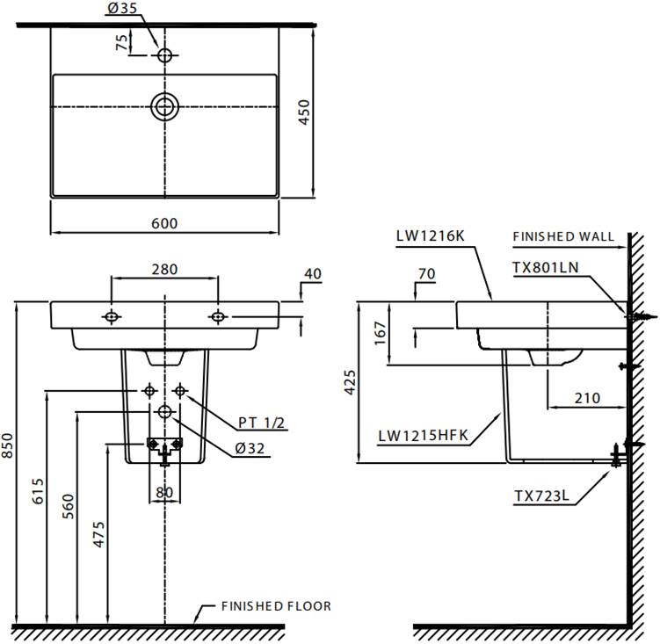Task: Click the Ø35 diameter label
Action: tap(121, 8)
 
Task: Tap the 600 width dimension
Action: tap(164, 223)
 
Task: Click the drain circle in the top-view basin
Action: tap(164, 106)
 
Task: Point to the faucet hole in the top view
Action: tap(164, 55)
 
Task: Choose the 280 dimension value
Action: tap(164, 270)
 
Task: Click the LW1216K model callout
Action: tap(430, 235)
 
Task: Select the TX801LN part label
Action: tap(546, 268)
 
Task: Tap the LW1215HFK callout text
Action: tap(423, 435)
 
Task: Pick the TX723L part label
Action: tap(541, 496)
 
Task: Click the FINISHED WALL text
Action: tap(563, 236)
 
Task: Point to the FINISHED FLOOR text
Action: tap(276, 606)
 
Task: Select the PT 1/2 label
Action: tap(261, 423)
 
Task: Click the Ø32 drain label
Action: tap(250, 449)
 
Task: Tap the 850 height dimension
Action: tap(7, 445)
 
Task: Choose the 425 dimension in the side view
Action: tap(350, 382)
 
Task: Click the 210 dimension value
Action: tap(588, 398)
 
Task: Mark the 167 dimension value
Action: tap(380, 333)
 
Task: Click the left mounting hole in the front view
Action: tap(112, 316)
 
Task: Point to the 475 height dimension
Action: tap(98, 534)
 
